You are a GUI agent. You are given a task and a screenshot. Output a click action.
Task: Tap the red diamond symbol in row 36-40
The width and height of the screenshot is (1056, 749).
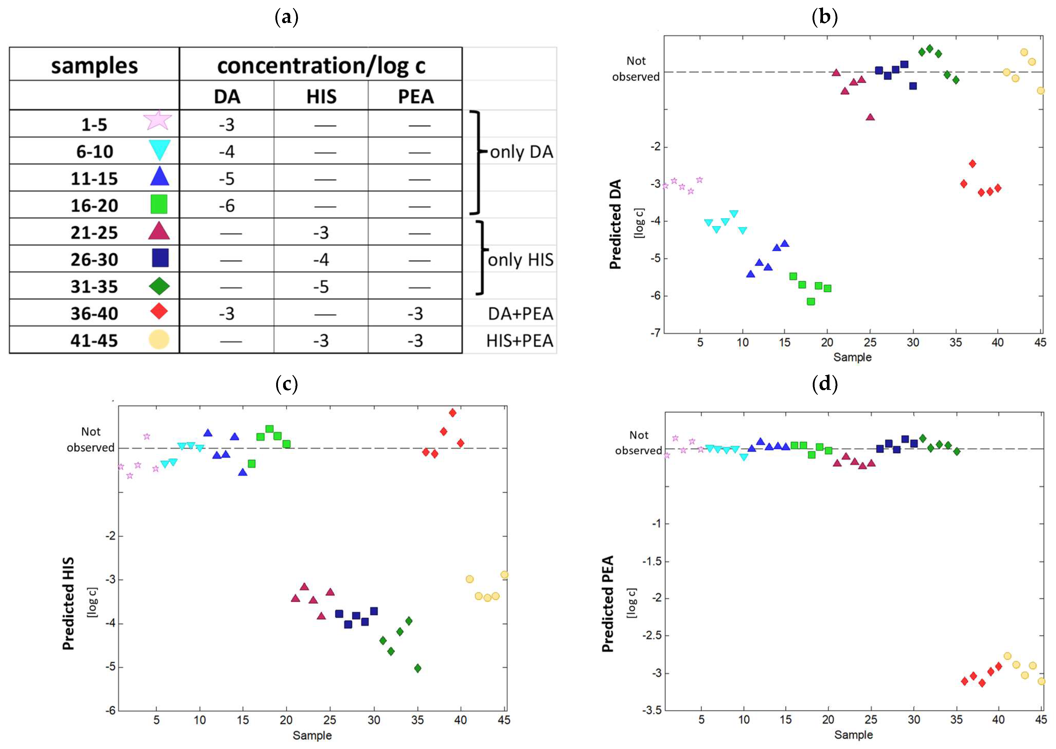click(x=159, y=311)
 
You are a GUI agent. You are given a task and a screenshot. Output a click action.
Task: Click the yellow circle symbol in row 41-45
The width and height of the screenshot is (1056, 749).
click(x=159, y=340)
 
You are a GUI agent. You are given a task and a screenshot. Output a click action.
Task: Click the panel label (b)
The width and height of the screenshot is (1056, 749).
click(x=824, y=17)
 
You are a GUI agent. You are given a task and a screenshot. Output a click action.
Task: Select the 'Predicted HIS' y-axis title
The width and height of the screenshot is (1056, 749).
click(x=68, y=603)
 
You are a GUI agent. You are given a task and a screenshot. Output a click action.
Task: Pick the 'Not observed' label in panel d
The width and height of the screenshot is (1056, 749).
click(x=638, y=443)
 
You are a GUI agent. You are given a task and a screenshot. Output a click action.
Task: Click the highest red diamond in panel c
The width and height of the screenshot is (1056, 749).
click(x=452, y=413)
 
